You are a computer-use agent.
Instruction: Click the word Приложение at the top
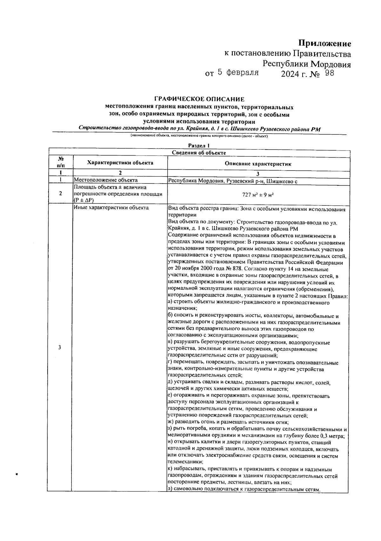324,43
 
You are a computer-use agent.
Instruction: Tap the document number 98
328,74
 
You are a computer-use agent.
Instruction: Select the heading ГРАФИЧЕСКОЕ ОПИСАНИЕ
199,99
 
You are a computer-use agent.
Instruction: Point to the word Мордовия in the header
331,64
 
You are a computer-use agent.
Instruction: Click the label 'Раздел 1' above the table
199,146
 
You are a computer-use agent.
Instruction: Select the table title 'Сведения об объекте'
199,153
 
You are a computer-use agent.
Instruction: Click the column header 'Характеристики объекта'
120,163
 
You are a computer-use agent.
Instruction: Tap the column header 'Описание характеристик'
258,164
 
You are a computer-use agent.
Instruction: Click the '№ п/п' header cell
61,162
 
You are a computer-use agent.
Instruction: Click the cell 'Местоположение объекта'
106,180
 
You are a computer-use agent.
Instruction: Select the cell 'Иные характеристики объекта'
111,208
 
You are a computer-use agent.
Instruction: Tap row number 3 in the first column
60,347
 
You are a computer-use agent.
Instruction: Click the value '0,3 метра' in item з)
332,436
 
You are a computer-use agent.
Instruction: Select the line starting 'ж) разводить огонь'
228,422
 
